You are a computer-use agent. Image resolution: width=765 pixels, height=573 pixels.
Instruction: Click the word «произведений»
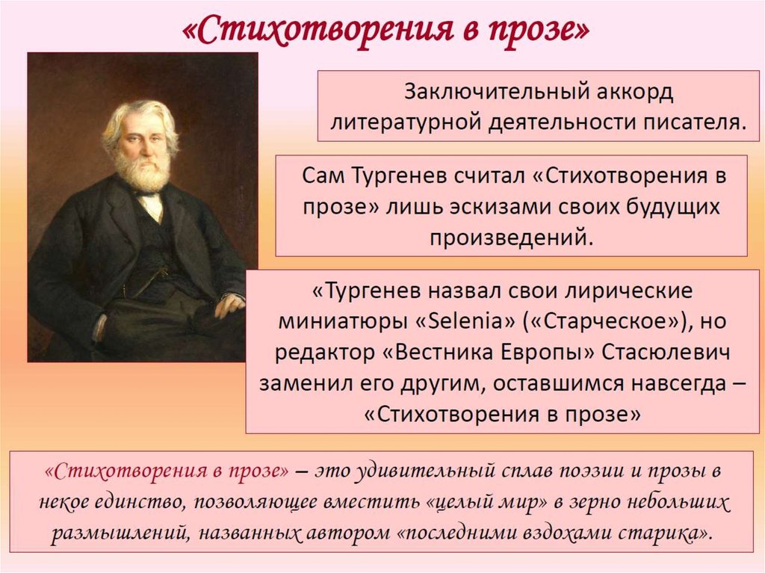tap(511, 238)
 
